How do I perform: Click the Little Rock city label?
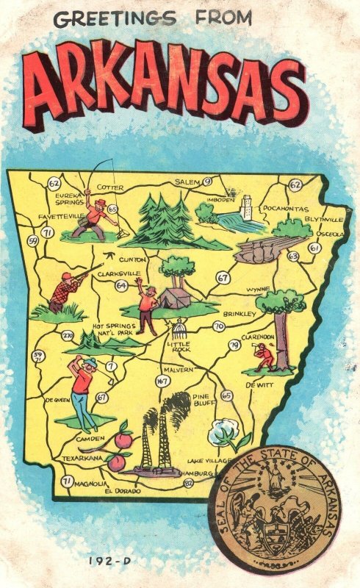[180, 346]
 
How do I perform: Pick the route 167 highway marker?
[162, 380]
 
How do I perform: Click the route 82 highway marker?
[189, 482]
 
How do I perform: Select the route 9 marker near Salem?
[207, 182]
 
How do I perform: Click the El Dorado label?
[122, 490]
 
